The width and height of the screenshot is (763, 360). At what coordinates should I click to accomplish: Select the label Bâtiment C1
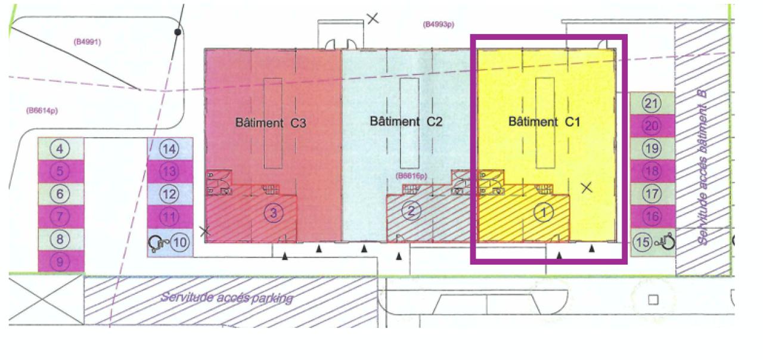pyautogui.click(x=544, y=122)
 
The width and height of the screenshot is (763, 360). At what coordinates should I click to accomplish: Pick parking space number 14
pyautogui.click(x=170, y=149)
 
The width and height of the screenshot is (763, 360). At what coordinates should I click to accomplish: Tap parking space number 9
pyautogui.click(x=60, y=261)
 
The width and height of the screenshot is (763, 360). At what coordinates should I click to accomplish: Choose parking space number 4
pyautogui.click(x=60, y=148)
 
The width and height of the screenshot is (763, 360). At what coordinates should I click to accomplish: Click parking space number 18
pyautogui.click(x=652, y=171)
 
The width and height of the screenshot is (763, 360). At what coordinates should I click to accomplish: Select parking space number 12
pyautogui.click(x=170, y=194)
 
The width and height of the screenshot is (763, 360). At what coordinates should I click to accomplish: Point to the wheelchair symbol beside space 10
pyautogui.click(x=156, y=243)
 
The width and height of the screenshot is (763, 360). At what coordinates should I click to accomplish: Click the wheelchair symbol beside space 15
pyautogui.click(x=666, y=241)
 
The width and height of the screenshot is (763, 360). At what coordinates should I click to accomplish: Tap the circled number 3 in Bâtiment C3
pyautogui.click(x=273, y=212)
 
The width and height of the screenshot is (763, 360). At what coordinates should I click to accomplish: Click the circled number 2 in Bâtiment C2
pyautogui.click(x=411, y=210)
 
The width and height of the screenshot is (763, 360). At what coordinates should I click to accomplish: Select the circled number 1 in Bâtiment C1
pyautogui.click(x=543, y=212)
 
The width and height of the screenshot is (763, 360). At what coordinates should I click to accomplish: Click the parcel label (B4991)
pyautogui.click(x=88, y=42)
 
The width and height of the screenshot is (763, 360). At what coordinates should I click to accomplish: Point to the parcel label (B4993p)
pyautogui.click(x=439, y=24)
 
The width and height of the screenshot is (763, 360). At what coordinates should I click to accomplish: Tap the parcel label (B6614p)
pyautogui.click(x=42, y=110)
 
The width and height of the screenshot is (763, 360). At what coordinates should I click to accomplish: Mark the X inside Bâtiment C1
pyautogui.click(x=587, y=188)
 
